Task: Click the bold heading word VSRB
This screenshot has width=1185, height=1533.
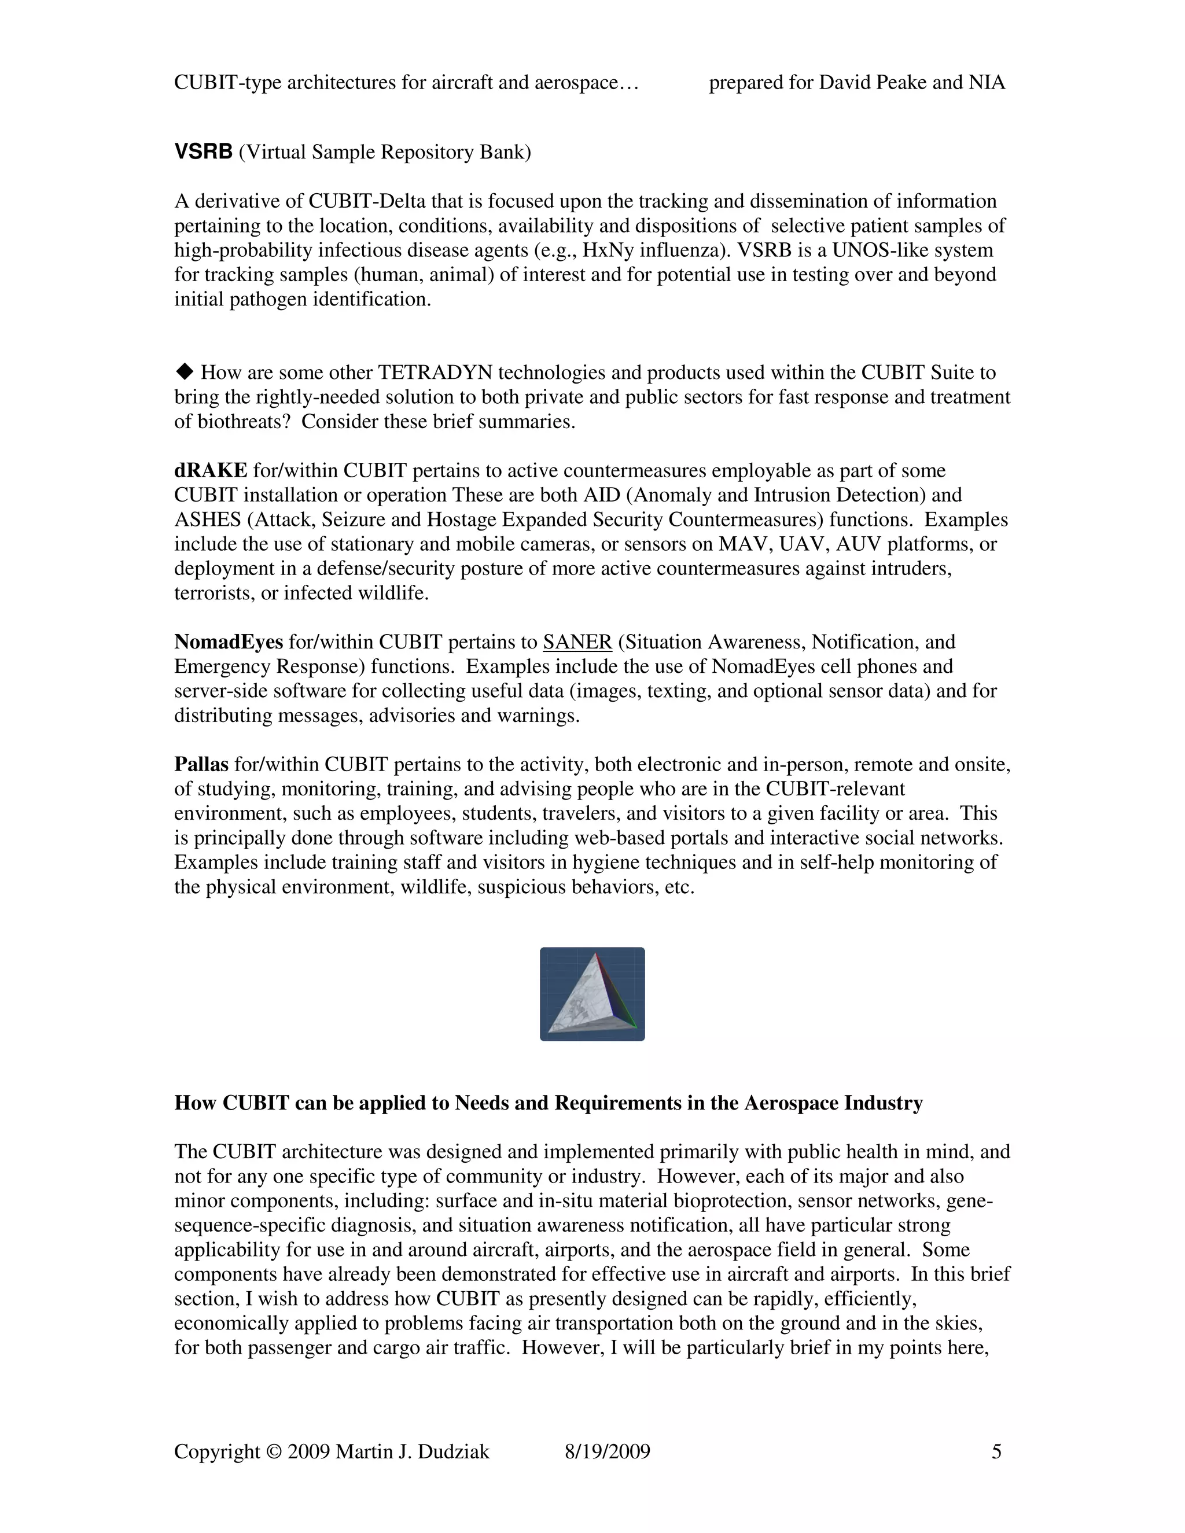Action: (x=203, y=152)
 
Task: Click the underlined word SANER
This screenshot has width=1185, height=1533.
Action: (x=577, y=642)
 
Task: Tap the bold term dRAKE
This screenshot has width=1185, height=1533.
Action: (x=211, y=470)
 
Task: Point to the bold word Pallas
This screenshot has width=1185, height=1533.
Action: (x=201, y=764)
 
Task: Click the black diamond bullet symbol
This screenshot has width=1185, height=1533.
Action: (x=185, y=371)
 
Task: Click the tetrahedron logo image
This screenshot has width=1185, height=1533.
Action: (x=592, y=994)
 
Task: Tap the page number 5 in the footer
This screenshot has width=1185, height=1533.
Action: (x=996, y=1451)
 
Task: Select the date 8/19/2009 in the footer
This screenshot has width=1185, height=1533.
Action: (x=607, y=1451)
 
